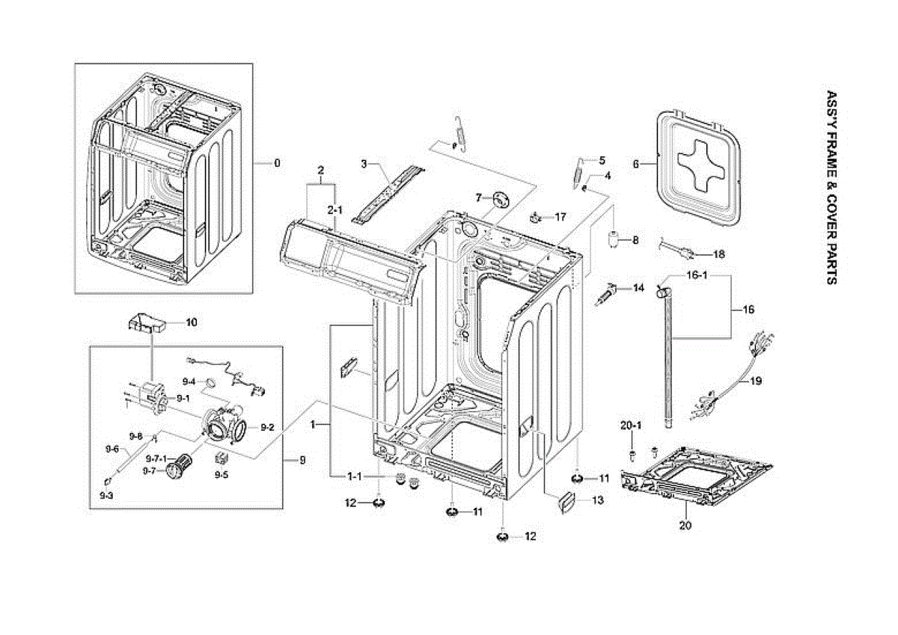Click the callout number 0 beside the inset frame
tap(277, 163)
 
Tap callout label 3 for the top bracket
tap(364, 163)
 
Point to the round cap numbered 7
tap(499, 199)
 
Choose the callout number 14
tap(638, 288)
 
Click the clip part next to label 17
tap(536, 218)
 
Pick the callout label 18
tap(718, 254)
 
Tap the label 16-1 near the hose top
tap(697, 276)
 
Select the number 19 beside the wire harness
tap(756, 381)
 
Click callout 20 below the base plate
tap(685, 526)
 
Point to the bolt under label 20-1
tap(632, 454)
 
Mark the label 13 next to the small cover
tap(597, 500)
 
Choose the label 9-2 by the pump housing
tap(267, 427)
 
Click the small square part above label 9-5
tap(222, 458)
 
